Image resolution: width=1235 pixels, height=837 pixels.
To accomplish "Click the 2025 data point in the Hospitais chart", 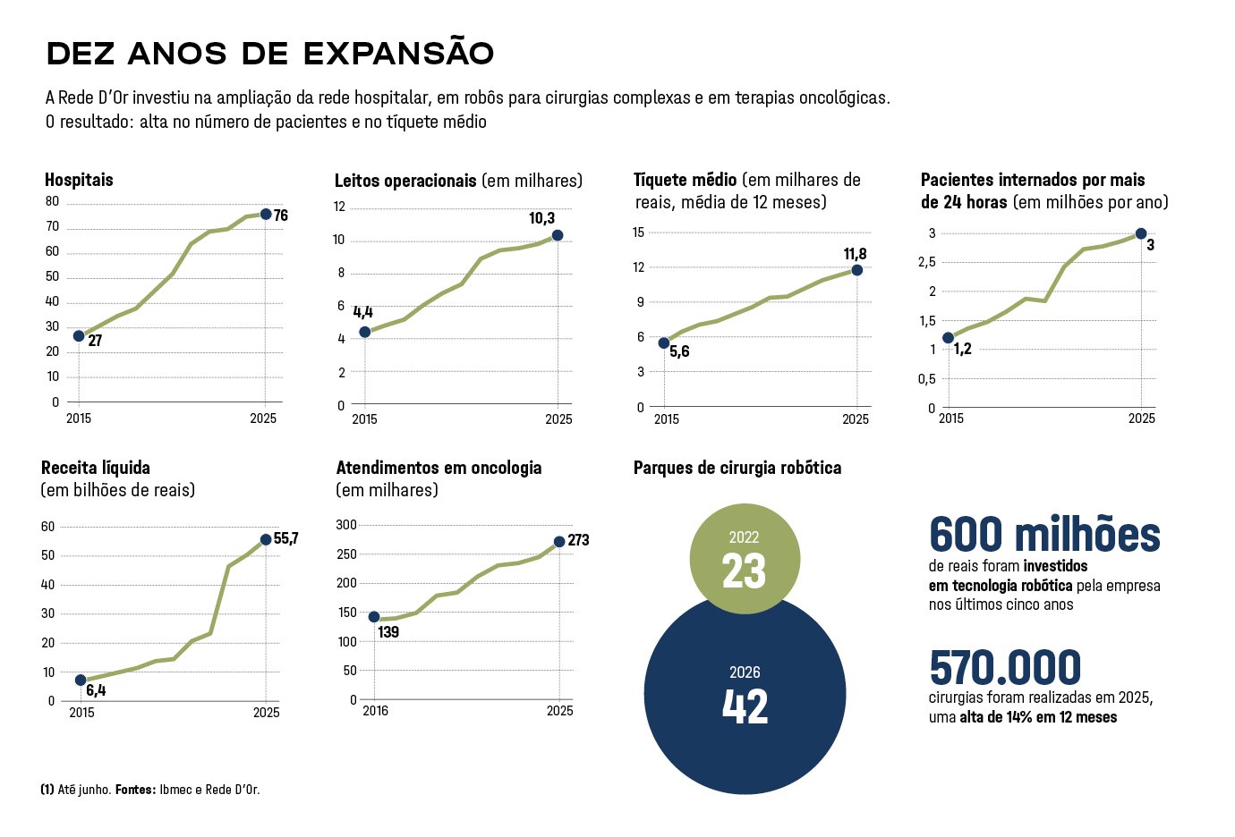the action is click(x=266, y=215).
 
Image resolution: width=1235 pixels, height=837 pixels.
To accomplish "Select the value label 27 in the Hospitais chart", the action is click(x=95, y=341).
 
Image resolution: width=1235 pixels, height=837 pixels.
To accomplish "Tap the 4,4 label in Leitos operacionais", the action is click(x=362, y=312).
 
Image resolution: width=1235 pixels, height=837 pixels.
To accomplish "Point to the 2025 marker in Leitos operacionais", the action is click(x=558, y=235).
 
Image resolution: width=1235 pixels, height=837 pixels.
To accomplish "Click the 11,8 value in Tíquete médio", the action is click(x=856, y=254).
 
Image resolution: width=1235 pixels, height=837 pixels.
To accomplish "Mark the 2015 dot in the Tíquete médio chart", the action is click(x=664, y=342).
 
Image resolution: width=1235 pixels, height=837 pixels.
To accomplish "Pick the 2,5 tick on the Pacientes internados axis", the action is click(x=927, y=262).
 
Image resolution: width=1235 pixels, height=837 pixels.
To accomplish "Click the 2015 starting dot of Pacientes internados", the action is click(x=949, y=338).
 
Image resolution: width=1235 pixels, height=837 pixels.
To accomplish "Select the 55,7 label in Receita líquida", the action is click(x=286, y=538).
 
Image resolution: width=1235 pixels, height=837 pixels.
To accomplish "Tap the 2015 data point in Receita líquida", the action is click(x=81, y=680).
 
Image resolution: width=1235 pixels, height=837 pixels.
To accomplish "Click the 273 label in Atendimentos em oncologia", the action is click(x=578, y=540).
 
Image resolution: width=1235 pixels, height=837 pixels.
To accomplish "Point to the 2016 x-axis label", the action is click(x=376, y=711).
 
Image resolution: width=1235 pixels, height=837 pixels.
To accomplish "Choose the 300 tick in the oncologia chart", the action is click(x=346, y=525).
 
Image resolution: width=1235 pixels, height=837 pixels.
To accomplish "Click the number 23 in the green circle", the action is click(x=744, y=571).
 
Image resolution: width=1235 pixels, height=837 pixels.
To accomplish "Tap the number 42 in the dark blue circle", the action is click(x=745, y=706).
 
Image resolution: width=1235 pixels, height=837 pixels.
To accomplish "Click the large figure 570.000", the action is click(x=1005, y=667).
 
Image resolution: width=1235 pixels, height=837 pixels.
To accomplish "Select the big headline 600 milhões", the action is click(x=1044, y=533).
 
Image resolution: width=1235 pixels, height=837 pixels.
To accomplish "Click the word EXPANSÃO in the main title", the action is click(x=398, y=54).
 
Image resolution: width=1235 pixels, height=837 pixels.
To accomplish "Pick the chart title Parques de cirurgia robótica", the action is click(x=737, y=468).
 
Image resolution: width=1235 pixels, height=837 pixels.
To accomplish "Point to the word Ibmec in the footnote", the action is click(x=174, y=790).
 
